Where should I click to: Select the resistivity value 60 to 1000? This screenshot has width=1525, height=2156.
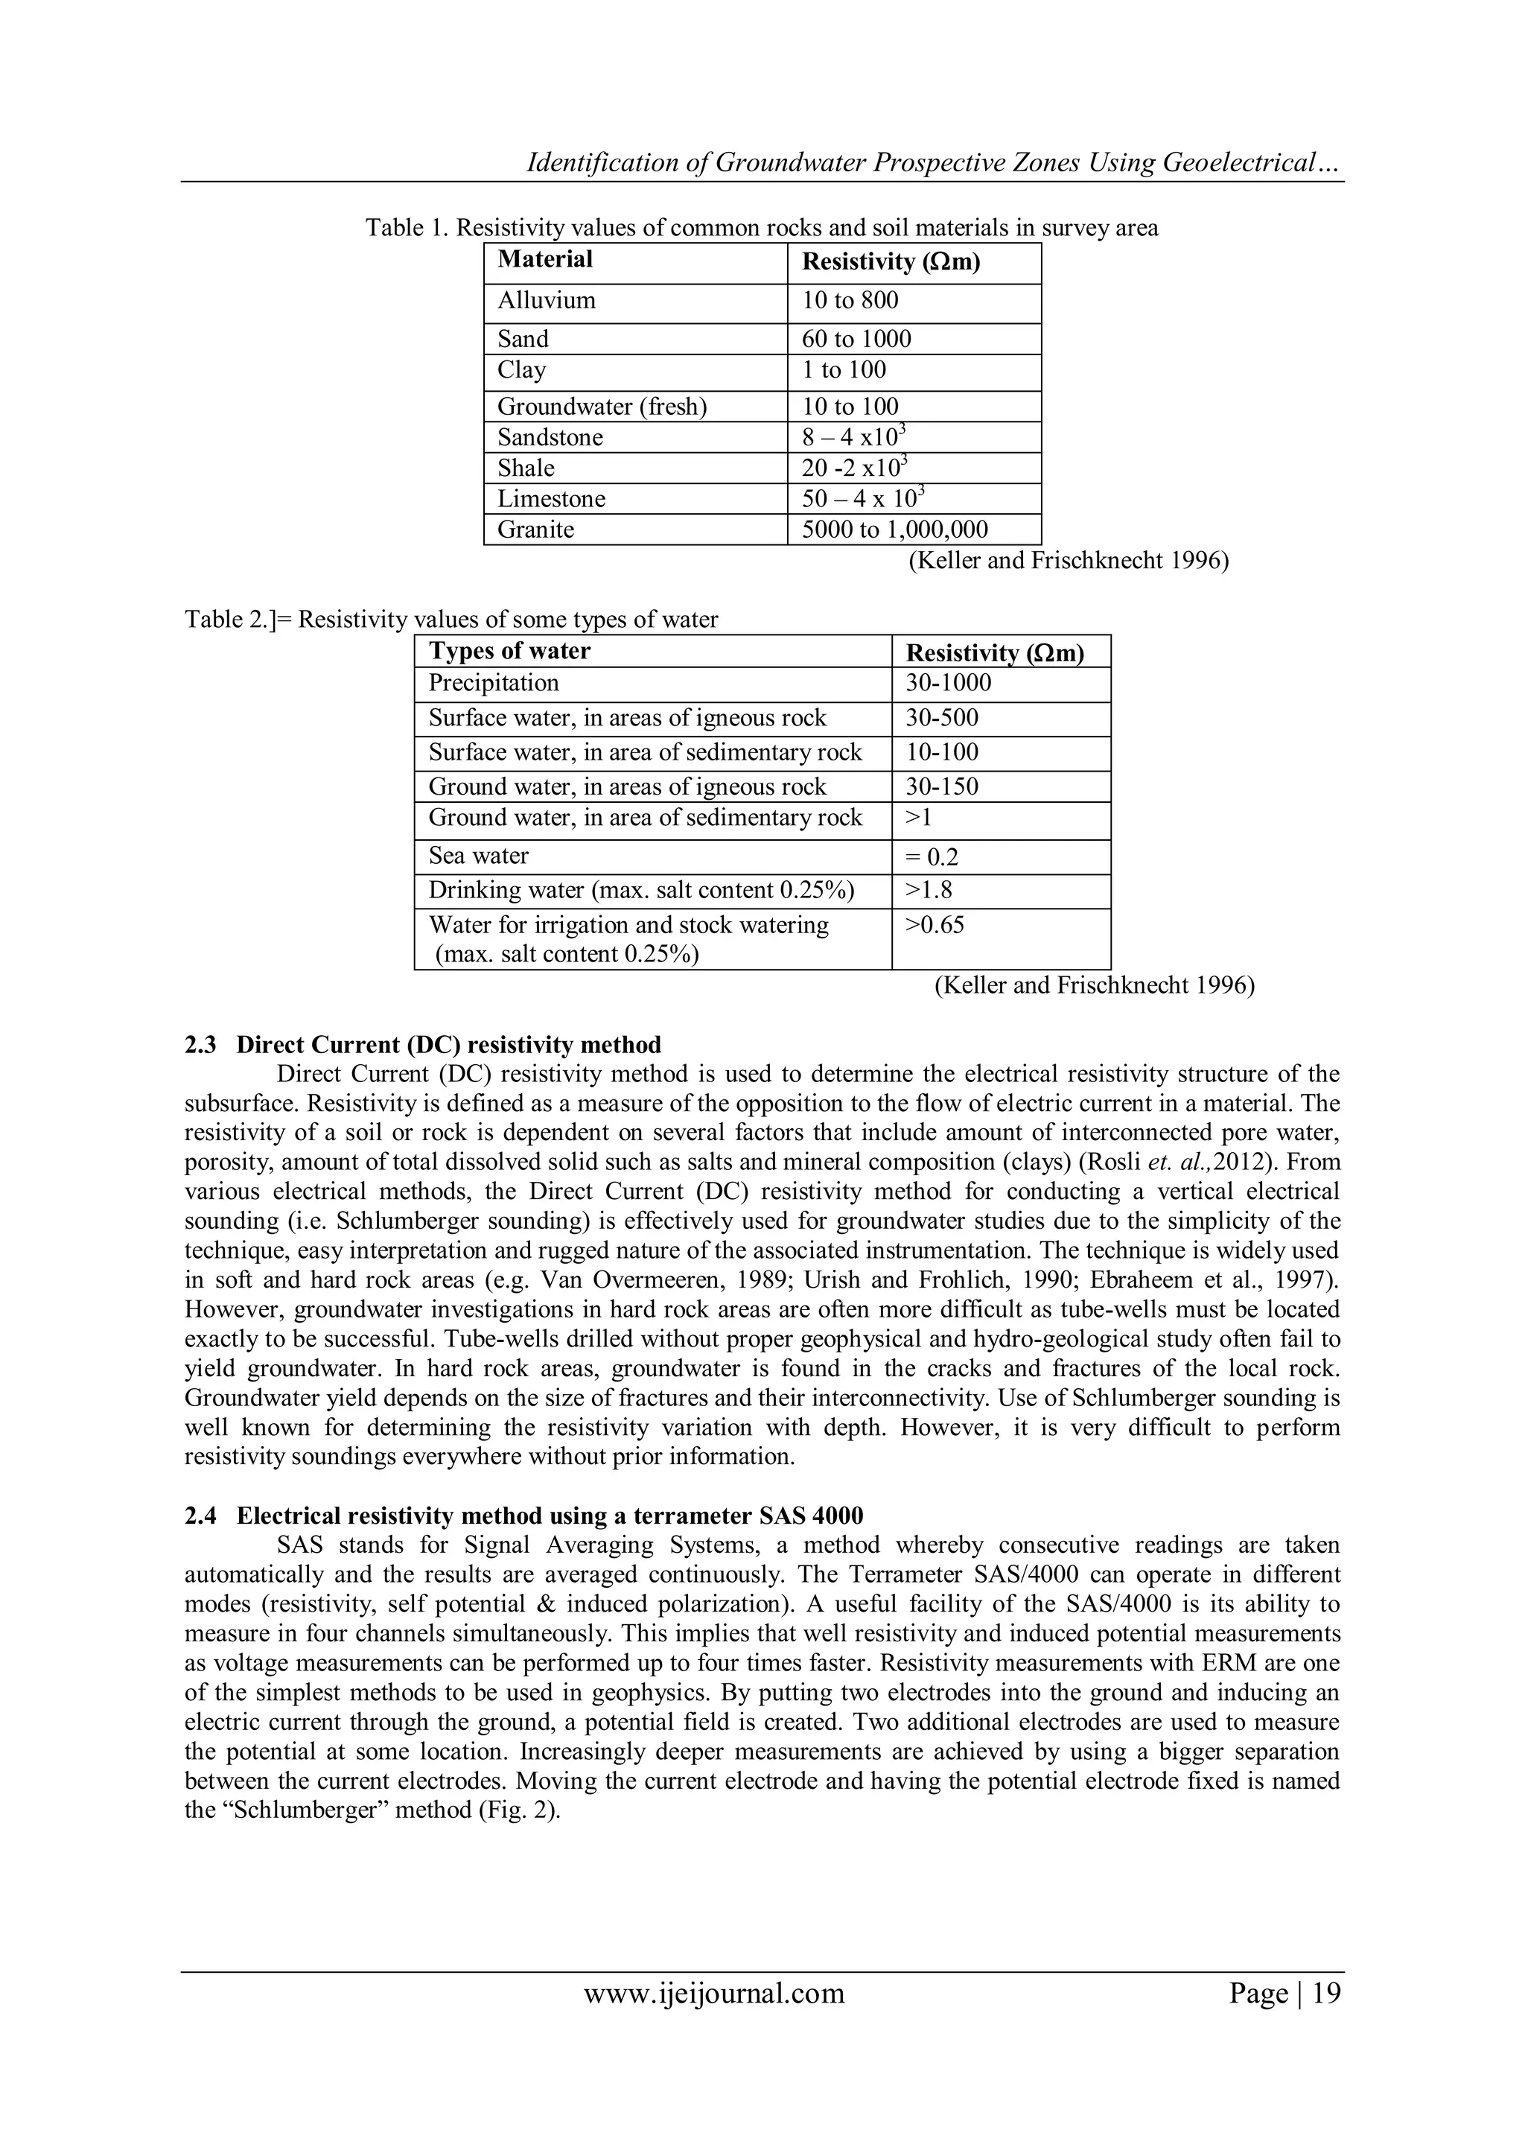(x=856, y=339)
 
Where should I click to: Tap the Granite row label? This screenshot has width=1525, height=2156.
(x=535, y=530)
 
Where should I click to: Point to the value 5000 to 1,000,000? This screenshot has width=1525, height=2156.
(x=894, y=530)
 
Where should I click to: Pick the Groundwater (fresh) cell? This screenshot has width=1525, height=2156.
(x=602, y=407)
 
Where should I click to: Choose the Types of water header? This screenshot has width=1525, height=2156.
(x=509, y=652)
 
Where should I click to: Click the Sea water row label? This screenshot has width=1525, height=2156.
(x=479, y=856)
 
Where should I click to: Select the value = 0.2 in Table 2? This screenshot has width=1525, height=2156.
(x=932, y=857)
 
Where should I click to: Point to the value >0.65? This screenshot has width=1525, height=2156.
(x=935, y=925)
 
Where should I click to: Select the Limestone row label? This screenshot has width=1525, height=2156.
(x=551, y=499)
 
